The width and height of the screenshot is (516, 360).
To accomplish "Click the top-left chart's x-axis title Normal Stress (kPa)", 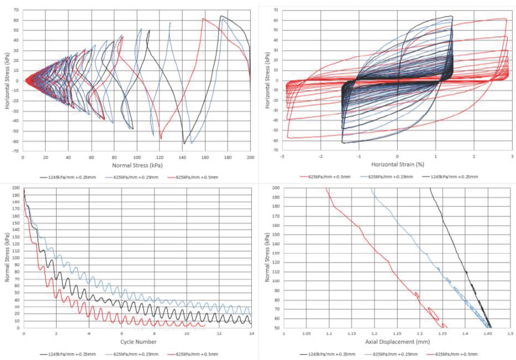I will [136, 165].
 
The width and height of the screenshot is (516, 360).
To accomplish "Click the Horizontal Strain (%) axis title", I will [397, 164].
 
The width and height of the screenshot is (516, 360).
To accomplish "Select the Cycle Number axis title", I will [136, 342].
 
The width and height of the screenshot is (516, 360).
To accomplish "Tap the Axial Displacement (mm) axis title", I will [397, 342].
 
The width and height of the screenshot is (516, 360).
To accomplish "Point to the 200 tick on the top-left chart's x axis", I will [250, 157].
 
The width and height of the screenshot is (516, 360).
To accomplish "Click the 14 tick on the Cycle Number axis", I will [251, 335].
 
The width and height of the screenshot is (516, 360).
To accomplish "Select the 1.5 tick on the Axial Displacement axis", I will [510, 335].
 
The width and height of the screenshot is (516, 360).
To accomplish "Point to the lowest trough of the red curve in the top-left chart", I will [161, 139].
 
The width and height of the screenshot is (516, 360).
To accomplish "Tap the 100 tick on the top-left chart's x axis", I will [136, 157].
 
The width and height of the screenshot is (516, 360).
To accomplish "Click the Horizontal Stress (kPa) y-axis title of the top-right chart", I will [268, 80].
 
